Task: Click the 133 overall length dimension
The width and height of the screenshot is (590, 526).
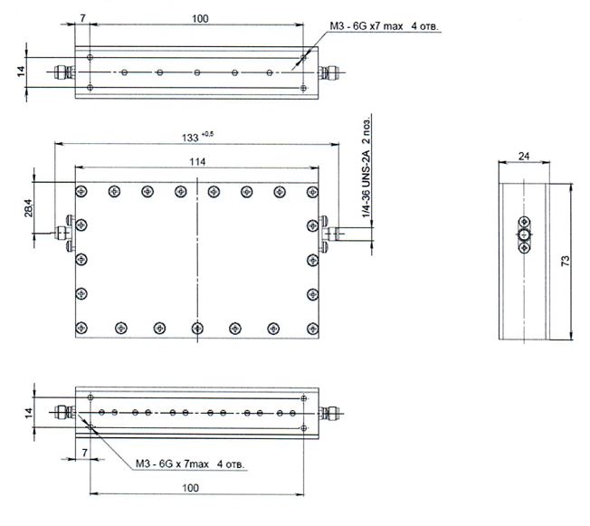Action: pyautogui.click(x=190, y=138)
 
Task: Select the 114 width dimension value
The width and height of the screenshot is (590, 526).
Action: pyautogui.click(x=197, y=162)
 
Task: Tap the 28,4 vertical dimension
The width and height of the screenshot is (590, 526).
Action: pyautogui.click(x=29, y=208)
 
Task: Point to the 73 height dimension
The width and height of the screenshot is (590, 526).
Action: pyautogui.click(x=566, y=261)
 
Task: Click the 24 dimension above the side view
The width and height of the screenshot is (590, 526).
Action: pyautogui.click(x=524, y=156)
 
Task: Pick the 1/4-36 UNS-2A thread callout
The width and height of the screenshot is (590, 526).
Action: pyautogui.click(x=366, y=184)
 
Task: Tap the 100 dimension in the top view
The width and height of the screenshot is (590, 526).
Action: pyautogui.click(x=200, y=18)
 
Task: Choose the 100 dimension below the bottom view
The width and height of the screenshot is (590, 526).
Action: pyautogui.click(x=190, y=488)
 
